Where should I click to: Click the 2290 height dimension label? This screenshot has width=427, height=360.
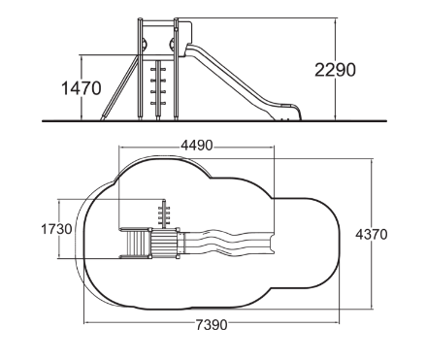pyautogui.click(x=335, y=70)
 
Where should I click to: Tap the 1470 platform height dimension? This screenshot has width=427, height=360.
pyautogui.click(x=82, y=88)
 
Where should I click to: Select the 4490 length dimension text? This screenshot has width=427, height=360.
pyautogui.click(x=197, y=146)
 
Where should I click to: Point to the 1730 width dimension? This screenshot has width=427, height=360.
pyautogui.click(x=56, y=229)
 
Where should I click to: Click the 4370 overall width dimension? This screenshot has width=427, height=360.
pyautogui.click(x=372, y=235)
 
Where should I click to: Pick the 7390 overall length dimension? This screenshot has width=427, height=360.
pyautogui.click(x=212, y=324)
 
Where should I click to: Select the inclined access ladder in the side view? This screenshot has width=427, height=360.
pyautogui.click(x=120, y=87)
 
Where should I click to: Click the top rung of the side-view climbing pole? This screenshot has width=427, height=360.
pyautogui.click(x=158, y=70)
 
